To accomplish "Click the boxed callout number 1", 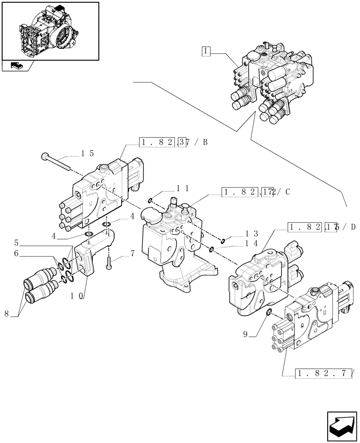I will point(205,51).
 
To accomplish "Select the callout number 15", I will point(87,153).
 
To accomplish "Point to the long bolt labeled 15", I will point(55,161).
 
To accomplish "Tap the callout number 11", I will point(183,188).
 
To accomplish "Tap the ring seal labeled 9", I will point(269,314).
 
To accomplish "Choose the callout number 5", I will point(16,242).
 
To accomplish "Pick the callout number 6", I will point(16,253).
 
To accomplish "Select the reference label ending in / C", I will point(255,192).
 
